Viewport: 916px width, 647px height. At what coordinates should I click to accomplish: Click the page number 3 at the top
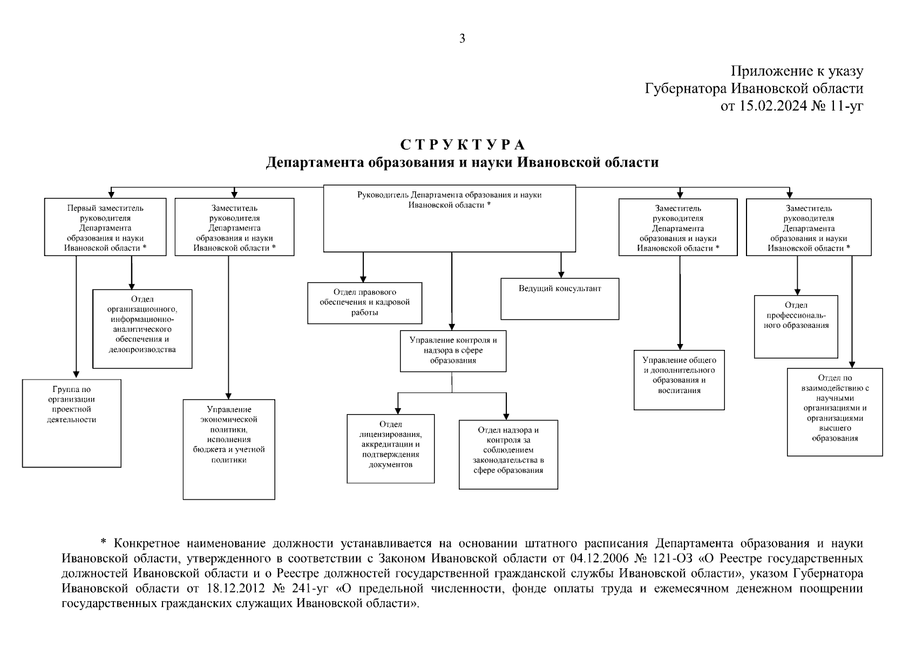coord(462,38)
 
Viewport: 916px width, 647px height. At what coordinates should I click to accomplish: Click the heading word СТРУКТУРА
coord(463,145)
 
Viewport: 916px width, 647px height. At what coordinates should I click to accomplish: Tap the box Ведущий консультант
coord(560,299)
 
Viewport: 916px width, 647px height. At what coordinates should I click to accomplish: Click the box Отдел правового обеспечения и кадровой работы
coord(364,303)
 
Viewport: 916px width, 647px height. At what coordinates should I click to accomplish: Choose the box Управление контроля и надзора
coord(453,351)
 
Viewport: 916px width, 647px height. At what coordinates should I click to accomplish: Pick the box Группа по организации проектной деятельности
coord(71,423)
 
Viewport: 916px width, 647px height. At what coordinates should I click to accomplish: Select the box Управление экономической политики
coord(229,449)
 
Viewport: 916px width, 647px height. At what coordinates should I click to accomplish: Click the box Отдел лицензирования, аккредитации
coord(390,449)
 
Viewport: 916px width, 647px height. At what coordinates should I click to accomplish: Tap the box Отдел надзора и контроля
coord(508,455)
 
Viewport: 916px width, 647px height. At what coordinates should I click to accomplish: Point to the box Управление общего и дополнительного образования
coord(679,380)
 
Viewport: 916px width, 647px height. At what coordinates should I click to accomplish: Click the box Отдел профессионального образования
coord(796,326)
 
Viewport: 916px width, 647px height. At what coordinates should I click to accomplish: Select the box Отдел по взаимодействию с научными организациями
coord(834,412)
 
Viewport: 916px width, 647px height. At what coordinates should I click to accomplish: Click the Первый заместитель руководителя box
coord(105,227)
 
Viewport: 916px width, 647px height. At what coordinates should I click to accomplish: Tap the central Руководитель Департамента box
coord(450,218)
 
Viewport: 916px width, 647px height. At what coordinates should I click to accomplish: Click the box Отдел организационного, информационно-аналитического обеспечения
coord(143,329)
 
